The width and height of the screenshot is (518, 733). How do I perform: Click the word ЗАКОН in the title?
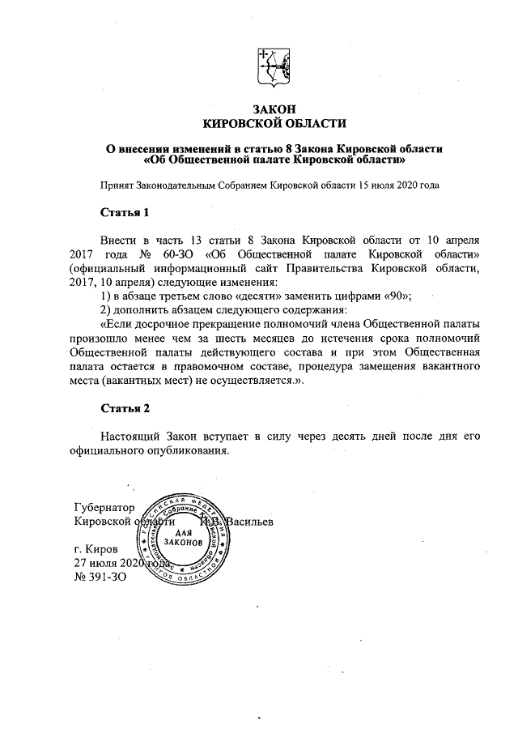coord(271,109)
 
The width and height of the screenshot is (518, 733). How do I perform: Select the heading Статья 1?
coord(124,214)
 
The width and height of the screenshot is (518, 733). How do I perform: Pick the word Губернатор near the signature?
coord(104,508)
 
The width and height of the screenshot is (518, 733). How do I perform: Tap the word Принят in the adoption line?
coord(115,185)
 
